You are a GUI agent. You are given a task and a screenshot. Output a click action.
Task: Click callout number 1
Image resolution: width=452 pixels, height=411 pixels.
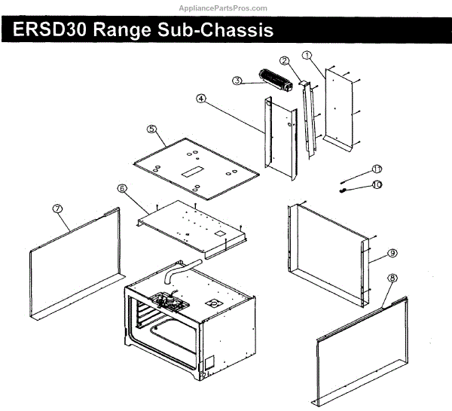(x=307, y=55)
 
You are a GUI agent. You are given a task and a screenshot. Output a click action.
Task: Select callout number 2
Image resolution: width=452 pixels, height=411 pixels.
(x=284, y=61)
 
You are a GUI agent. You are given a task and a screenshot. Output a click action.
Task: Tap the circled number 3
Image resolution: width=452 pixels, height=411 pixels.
(x=237, y=81)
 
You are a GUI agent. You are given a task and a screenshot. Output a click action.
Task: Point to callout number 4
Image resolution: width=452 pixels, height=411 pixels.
(x=201, y=99)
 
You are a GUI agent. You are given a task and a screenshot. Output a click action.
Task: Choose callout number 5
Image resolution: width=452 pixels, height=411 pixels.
(x=151, y=129)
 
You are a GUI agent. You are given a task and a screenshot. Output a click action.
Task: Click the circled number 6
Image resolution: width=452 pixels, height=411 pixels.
(x=122, y=188)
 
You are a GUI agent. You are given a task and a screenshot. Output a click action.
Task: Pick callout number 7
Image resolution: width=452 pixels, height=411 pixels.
(x=56, y=209)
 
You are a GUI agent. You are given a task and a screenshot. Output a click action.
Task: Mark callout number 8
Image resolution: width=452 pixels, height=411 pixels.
(x=392, y=279)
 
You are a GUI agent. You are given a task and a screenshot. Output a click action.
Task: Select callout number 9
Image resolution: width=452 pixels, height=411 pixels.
(x=392, y=252)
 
